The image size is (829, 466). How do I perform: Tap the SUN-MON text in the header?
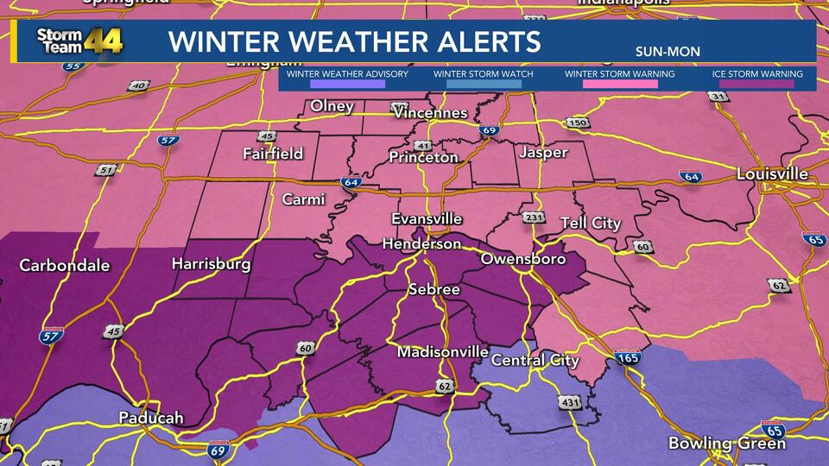[667, 52]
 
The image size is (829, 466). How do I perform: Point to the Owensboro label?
[522, 259]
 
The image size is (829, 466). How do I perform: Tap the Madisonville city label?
[442, 353]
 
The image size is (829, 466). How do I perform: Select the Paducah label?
[151, 419]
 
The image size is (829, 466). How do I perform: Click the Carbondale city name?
[65, 265]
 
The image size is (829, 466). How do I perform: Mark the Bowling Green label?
[727, 444]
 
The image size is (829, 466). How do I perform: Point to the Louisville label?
[772, 174]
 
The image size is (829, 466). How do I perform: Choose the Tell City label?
[591, 224]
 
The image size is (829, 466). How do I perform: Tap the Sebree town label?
[433, 290]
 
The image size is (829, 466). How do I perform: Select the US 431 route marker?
[570, 402]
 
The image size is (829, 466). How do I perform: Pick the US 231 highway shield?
[535, 217]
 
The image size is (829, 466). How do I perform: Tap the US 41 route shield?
[422, 145]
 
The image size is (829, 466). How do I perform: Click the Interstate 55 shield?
[75, 64]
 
